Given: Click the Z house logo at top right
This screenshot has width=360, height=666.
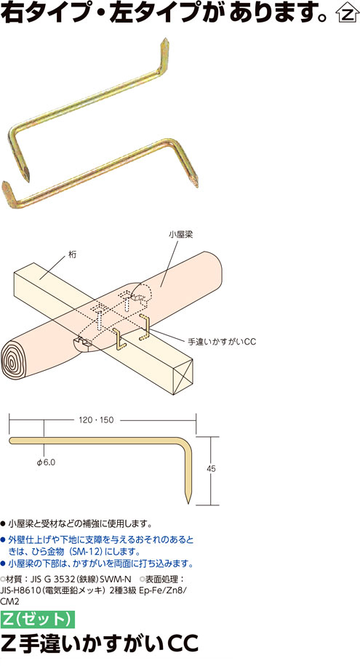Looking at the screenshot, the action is [347, 15].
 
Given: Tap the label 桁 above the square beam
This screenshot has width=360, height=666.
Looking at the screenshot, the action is [71, 255].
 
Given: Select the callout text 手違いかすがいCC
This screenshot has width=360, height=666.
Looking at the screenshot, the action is [223, 342].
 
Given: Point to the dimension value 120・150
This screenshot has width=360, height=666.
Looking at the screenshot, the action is [97, 420].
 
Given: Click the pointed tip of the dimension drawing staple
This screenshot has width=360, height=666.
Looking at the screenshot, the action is [188, 504].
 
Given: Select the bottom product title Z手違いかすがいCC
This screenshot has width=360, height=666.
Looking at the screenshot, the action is [100, 643].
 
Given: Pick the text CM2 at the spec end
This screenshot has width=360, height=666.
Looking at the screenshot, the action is [10, 601].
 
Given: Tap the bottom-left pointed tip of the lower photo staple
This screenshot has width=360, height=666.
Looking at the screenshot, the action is [4, 183].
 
